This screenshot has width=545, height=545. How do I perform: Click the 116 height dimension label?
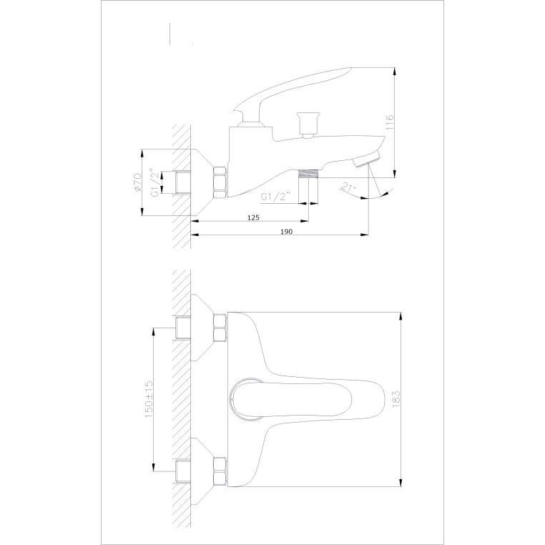pos(390,122)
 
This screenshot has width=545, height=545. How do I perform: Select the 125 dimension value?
pos(253,217)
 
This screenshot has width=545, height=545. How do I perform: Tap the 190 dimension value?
pos(286,232)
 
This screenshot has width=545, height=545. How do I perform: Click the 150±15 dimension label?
pos(149,399)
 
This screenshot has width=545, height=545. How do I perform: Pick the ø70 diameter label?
pos(137,182)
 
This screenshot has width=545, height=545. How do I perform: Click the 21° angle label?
pos(348,187)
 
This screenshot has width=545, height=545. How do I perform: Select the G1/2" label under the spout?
pos(275,197)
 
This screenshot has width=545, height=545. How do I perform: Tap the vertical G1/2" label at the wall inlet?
pos(156,183)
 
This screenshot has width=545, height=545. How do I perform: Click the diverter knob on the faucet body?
pos(308,124)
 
